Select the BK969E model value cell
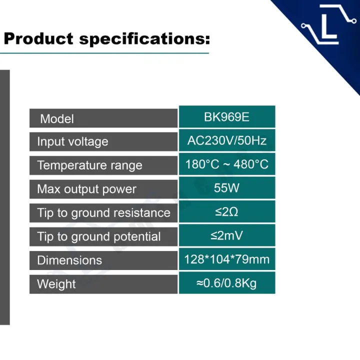[x=227, y=116]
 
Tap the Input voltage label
[x=72, y=141]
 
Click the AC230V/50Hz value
[x=227, y=140]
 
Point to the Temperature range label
[x=90, y=165]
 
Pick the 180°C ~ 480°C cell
[x=227, y=164]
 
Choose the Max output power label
[x=87, y=189]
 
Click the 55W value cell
[x=227, y=188]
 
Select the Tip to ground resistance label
[x=104, y=213]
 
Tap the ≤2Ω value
[x=226, y=211]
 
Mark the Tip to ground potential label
[x=99, y=236]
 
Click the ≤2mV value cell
[x=227, y=235]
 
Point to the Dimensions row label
[x=69, y=260]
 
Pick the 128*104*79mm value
[x=227, y=259]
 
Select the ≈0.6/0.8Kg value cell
[x=227, y=282]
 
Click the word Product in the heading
[x=38, y=38]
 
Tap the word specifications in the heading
[x=144, y=39]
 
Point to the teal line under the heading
[x=104, y=53]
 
